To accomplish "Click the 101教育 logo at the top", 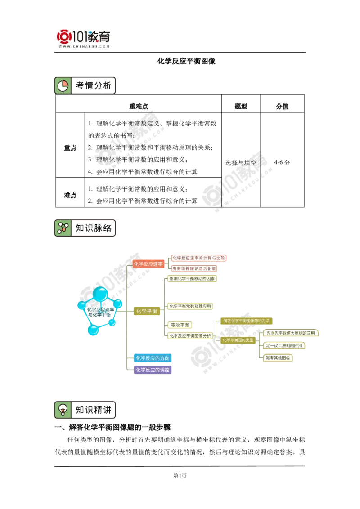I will [84, 36].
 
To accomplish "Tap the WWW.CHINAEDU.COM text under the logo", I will [84, 46].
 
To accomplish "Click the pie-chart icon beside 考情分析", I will [63, 85].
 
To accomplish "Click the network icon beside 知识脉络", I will [63, 228].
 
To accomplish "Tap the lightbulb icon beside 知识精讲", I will [63, 410].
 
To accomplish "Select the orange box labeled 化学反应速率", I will [148, 264].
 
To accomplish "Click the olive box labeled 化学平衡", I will [147, 311].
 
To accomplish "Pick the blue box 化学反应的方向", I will [153, 358].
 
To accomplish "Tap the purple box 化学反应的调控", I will [153, 370].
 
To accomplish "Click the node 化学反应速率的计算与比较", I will [198, 258].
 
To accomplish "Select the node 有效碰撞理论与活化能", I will [193, 268].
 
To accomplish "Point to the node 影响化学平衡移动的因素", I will [193, 279].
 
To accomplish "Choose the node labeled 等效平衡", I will [180, 325].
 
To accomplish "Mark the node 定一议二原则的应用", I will [284, 346].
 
